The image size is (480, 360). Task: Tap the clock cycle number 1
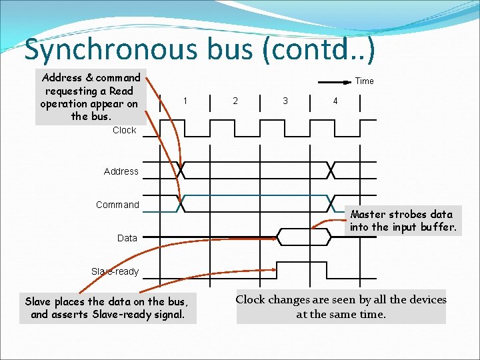(x=185, y=101)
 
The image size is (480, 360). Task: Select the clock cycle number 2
(x=235, y=101)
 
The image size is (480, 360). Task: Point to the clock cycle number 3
(x=285, y=101)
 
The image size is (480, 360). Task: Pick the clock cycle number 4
(x=335, y=101)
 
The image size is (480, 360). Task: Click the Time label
(x=365, y=81)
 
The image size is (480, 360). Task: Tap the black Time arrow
(x=333, y=82)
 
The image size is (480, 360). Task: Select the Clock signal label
(x=124, y=130)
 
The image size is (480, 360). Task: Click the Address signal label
(x=121, y=171)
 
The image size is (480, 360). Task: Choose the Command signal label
(x=118, y=205)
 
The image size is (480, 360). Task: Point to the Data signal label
(x=127, y=238)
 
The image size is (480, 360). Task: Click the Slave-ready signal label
(x=115, y=271)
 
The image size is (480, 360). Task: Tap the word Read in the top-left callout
(x=121, y=91)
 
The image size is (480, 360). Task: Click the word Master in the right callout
(x=369, y=214)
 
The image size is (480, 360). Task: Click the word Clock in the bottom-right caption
(x=250, y=300)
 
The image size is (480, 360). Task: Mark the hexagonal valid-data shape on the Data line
(x=304, y=237)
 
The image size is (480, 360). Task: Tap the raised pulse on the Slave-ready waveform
(x=303, y=263)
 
